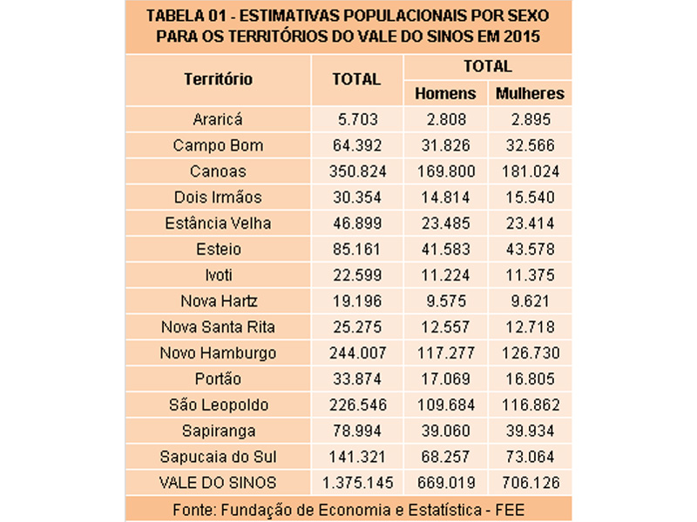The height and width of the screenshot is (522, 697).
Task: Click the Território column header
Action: [x=218, y=79]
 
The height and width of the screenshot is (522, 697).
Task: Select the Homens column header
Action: [x=444, y=93]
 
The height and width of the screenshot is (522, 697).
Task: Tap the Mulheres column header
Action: [x=529, y=93]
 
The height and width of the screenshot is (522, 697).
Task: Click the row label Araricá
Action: [x=218, y=119]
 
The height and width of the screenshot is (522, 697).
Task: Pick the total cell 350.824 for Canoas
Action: [x=357, y=171]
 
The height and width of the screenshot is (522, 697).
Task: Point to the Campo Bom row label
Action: [x=218, y=145]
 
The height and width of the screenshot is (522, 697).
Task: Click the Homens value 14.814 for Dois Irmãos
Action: [x=444, y=197]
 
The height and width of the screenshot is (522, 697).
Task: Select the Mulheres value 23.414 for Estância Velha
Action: [x=529, y=224]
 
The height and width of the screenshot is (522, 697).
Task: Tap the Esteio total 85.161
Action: [x=357, y=250]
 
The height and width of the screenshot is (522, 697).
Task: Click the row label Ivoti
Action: [x=218, y=276]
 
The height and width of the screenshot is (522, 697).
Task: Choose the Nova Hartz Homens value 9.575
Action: [x=444, y=301]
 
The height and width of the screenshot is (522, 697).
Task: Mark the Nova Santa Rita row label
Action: [x=218, y=327]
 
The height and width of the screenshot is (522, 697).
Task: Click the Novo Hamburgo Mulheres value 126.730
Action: [x=529, y=353]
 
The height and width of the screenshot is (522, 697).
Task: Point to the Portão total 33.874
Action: [x=357, y=379]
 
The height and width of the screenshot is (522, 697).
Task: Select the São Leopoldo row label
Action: [x=218, y=405]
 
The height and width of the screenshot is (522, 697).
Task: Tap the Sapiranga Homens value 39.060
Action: [x=444, y=431]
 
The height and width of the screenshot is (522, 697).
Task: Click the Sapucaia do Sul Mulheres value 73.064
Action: [x=529, y=457]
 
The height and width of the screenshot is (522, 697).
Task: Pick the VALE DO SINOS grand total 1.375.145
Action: [x=357, y=483]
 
